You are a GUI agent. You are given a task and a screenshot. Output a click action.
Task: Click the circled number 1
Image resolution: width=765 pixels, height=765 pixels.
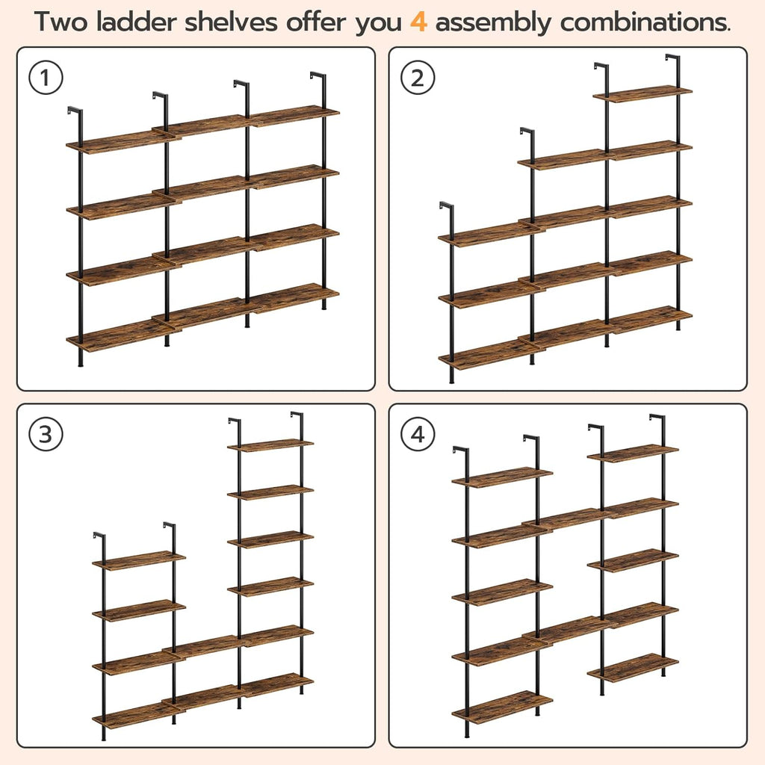pos(46,78)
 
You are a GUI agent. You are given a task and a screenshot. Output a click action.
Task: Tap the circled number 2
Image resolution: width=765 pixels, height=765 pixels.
pos(418,78)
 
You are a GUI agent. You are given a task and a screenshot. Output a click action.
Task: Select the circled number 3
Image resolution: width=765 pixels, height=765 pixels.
pos(46,435)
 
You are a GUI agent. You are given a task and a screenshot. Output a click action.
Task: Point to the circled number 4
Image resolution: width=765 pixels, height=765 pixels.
pos(418,435)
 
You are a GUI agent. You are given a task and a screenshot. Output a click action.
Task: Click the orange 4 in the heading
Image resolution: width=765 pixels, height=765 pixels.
pos(418,22)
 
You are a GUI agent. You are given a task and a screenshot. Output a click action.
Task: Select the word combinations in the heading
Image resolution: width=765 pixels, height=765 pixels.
pos(645,22)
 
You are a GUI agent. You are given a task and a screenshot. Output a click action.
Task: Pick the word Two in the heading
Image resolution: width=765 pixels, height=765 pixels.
pos(59,22)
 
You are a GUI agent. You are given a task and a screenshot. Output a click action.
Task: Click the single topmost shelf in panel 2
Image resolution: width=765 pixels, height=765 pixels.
pos(642,93)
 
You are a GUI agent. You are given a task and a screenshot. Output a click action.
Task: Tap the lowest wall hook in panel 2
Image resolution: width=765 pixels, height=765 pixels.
pos(446,207)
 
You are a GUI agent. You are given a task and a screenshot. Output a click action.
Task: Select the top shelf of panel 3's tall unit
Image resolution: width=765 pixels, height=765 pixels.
pos(270,445)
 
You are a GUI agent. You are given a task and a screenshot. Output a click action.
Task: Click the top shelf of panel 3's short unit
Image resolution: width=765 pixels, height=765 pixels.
pos(139,560)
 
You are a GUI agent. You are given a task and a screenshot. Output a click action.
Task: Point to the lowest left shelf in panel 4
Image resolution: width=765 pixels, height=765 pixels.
pos(502,706)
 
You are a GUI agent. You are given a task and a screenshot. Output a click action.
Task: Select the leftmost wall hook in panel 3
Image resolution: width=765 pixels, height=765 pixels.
pos(99,536)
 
